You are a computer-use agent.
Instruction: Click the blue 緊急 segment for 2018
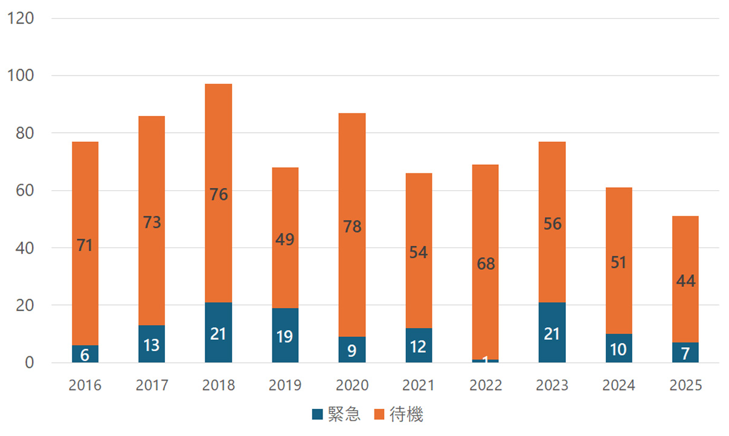(218, 332)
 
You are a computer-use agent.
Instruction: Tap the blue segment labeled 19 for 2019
(285, 335)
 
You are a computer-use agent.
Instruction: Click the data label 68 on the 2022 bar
(485, 264)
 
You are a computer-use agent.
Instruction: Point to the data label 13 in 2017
(152, 345)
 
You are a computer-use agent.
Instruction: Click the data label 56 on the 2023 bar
(551, 224)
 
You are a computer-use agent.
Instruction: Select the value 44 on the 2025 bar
(686, 281)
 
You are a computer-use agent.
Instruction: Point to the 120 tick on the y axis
(21, 18)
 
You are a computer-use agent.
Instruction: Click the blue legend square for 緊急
(318, 414)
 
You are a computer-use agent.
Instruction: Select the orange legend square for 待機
(379, 414)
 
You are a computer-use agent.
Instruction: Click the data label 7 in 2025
(686, 352)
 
